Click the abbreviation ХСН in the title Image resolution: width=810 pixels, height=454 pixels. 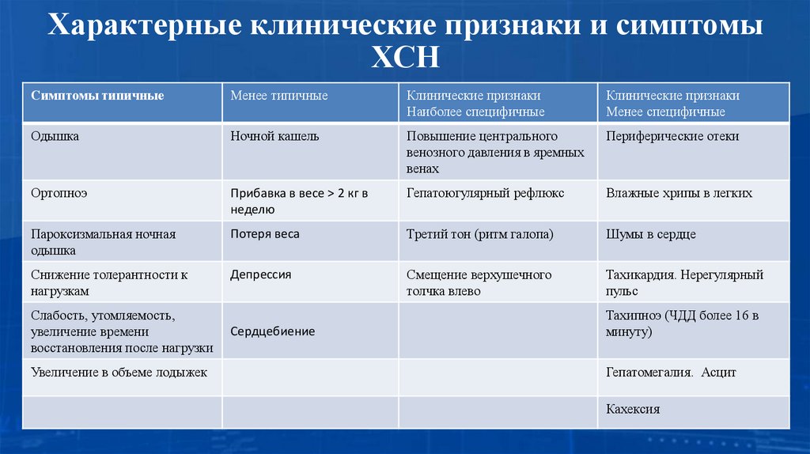click(x=404, y=58)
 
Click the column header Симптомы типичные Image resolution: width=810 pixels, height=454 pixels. click(x=98, y=96)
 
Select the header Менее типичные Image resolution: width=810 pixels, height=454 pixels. click(x=279, y=96)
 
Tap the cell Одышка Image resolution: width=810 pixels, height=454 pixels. click(x=55, y=136)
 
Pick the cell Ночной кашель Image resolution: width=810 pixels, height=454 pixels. click(x=274, y=136)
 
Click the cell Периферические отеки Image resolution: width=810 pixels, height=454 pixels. click(x=672, y=136)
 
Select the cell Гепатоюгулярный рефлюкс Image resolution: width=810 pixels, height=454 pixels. click(x=485, y=193)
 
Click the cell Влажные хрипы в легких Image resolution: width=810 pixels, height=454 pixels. click(x=679, y=193)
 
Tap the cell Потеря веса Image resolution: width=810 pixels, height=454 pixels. click(x=265, y=234)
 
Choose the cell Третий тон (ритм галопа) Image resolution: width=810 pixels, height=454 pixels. click(x=479, y=234)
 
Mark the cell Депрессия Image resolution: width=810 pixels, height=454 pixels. click(x=261, y=274)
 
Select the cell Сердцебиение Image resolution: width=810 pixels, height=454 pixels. click(x=273, y=331)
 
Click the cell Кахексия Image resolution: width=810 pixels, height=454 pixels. click(x=633, y=410)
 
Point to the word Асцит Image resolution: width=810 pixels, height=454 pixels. click(x=718, y=372)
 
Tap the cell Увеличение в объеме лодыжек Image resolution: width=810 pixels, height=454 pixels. click(x=119, y=372)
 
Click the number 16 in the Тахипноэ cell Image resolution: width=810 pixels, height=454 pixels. click(x=739, y=316)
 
